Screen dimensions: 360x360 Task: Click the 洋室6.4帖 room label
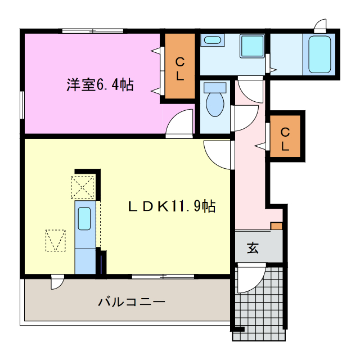click(x=100, y=85)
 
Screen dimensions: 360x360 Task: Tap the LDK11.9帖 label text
click(x=170, y=206)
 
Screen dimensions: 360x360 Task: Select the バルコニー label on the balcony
click(x=131, y=301)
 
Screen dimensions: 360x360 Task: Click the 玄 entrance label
click(x=253, y=248)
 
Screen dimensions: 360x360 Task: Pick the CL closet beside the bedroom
click(x=179, y=68)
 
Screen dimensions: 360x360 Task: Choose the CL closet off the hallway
click(x=285, y=139)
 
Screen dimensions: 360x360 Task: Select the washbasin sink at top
click(x=212, y=40)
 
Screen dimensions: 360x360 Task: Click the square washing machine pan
click(x=252, y=46)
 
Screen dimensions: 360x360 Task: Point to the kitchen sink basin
click(x=84, y=218)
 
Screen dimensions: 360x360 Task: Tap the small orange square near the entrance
click(x=276, y=226)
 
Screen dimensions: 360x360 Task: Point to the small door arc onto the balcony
click(x=57, y=281)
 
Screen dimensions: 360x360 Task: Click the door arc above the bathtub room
click(x=321, y=25)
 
